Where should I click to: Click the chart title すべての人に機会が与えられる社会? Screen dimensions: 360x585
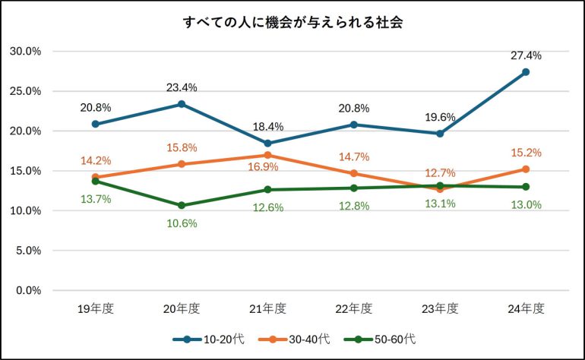pos(292,22)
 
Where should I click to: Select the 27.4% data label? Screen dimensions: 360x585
pos(526,55)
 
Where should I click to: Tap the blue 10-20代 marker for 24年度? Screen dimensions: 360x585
pos(526,72)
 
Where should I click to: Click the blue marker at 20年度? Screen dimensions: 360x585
pos(182,104)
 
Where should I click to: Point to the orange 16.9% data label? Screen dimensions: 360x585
pos(267,166)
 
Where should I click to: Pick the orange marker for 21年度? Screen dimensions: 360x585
pos(267,155)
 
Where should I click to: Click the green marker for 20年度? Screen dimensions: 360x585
pos(182,206)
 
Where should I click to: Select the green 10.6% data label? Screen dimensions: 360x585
pos(182,223)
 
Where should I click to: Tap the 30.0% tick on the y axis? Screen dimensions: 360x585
pos(25,52)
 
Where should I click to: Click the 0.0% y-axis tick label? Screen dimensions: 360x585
pos(28,290)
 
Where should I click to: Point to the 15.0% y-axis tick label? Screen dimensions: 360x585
pos(25,171)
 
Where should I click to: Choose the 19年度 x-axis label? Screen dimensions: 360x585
pos(96,308)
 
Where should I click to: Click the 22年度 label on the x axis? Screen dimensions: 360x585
pos(354,308)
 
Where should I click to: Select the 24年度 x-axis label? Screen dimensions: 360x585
pos(526,308)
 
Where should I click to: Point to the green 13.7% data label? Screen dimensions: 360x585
pos(96,199)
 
